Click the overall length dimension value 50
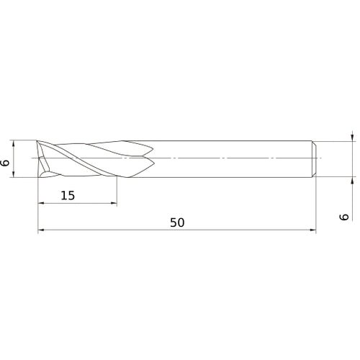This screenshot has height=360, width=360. pos(177,222)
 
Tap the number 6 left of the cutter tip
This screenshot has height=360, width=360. pos(6,163)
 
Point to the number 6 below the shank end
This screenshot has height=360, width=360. pos(344,215)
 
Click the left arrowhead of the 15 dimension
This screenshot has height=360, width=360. pos(41,204)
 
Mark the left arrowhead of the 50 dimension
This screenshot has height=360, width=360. pos(41,231)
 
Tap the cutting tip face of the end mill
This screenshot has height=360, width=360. pos(43,158)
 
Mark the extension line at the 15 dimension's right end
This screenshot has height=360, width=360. pos(116,191)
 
